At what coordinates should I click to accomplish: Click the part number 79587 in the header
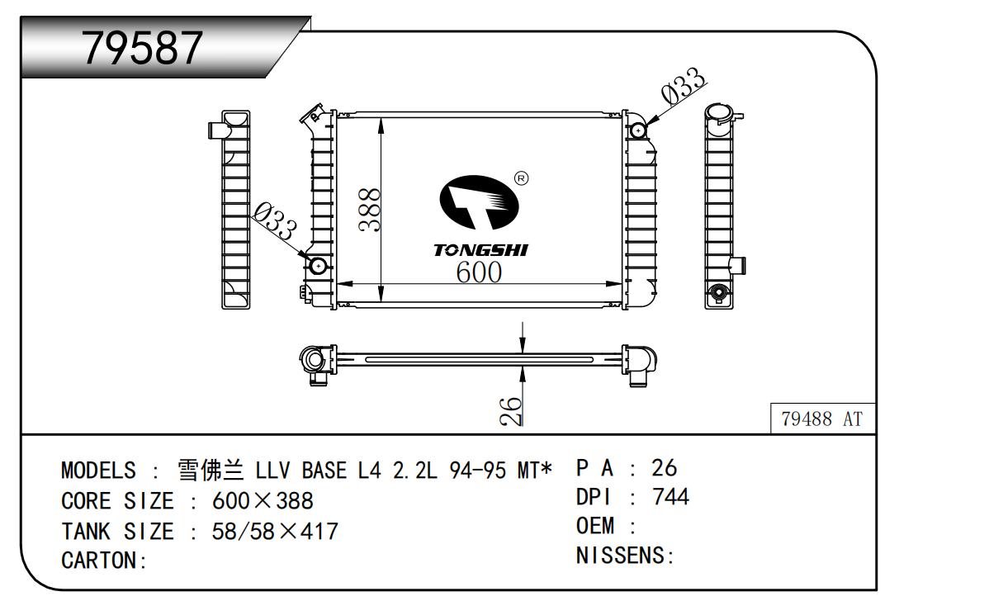click(143, 48)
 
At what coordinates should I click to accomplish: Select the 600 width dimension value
click(479, 272)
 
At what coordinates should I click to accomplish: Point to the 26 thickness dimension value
click(511, 409)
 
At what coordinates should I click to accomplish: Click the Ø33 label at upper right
click(684, 87)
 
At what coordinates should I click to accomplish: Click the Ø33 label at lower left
click(275, 222)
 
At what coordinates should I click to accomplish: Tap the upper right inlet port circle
click(638, 130)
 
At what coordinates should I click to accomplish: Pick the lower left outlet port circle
click(319, 266)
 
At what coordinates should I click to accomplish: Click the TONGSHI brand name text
click(480, 250)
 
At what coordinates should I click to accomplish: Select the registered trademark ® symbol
click(521, 177)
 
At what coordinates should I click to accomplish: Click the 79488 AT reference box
click(821, 419)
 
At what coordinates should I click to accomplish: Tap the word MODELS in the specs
click(97, 471)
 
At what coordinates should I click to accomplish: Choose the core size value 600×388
click(263, 501)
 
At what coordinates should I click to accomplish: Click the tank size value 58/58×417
click(275, 531)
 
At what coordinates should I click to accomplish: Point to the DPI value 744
click(670, 497)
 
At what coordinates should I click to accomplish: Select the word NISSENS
click(620, 556)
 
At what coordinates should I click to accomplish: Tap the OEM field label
click(596, 527)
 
